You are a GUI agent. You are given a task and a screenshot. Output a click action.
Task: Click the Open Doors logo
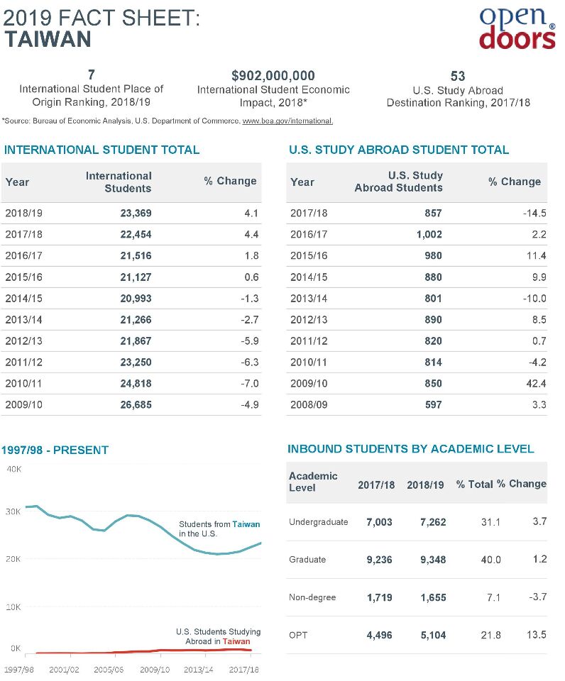(x=517, y=28)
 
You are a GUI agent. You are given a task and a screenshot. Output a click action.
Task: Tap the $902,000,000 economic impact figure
(x=273, y=76)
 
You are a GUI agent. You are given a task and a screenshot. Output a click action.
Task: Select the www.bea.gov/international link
(x=287, y=121)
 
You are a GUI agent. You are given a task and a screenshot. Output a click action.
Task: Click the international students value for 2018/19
(x=136, y=214)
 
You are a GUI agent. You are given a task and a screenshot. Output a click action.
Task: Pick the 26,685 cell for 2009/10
(x=136, y=405)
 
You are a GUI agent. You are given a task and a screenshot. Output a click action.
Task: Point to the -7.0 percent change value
(x=250, y=384)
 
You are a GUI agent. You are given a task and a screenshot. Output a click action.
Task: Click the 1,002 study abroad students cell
(x=429, y=235)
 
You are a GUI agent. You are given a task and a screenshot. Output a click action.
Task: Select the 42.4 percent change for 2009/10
(x=536, y=384)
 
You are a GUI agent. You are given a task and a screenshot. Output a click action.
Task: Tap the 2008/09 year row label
(x=309, y=405)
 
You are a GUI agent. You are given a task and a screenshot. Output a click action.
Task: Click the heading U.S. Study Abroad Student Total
(x=398, y=150)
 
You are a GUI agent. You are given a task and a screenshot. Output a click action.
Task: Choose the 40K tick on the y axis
(x=14, y=469)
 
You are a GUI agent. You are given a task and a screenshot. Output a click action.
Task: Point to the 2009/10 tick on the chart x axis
(x=155, y=670)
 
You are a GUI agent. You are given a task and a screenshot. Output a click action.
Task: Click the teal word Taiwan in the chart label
(x=246, y=524)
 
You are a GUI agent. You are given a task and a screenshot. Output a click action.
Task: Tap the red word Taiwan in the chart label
(x=236, y=641)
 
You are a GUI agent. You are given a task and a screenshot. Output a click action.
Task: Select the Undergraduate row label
(x=319, y=522)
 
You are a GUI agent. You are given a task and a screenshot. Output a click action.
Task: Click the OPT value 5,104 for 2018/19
(x=433, y=636)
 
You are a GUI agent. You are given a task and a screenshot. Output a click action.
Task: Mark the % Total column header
(x=475, y=485)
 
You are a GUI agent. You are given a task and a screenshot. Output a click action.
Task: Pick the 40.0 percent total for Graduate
(x=490, y=560)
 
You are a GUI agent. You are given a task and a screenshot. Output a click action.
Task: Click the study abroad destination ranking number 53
(x=458, y=77)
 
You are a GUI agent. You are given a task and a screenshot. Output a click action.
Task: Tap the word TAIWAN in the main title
(x=48, y=39)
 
